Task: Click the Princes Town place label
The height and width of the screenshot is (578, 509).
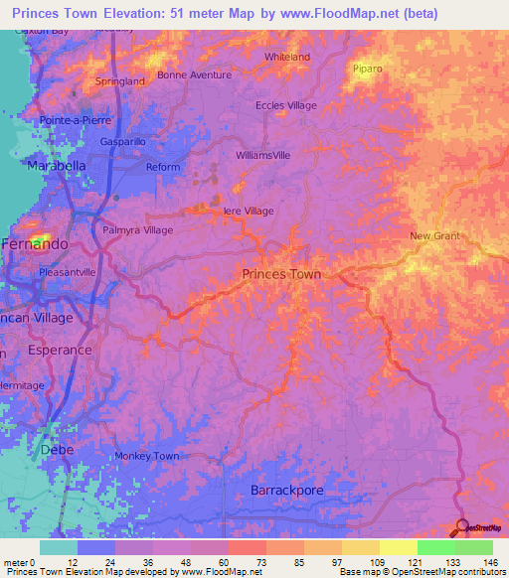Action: (x=281, y=273)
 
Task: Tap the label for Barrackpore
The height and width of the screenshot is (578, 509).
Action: (x=287, y=491)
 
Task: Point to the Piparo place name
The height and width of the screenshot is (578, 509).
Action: (x=368, y=69)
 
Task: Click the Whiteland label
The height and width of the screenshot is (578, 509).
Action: (x=287, y=57)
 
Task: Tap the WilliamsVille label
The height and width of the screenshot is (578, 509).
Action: (x=263, y=156)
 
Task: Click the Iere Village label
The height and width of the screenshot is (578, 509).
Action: (x=248, y=211)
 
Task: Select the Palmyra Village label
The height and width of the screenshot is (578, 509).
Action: (x=138, y=229)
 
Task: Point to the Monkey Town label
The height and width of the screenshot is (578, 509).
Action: (x=146, y=456)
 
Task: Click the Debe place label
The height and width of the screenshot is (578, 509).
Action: (x=57, y=450)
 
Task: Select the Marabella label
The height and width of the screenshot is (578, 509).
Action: (x=57, y=165)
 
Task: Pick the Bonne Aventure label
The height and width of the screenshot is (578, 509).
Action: (x=193, y=74)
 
